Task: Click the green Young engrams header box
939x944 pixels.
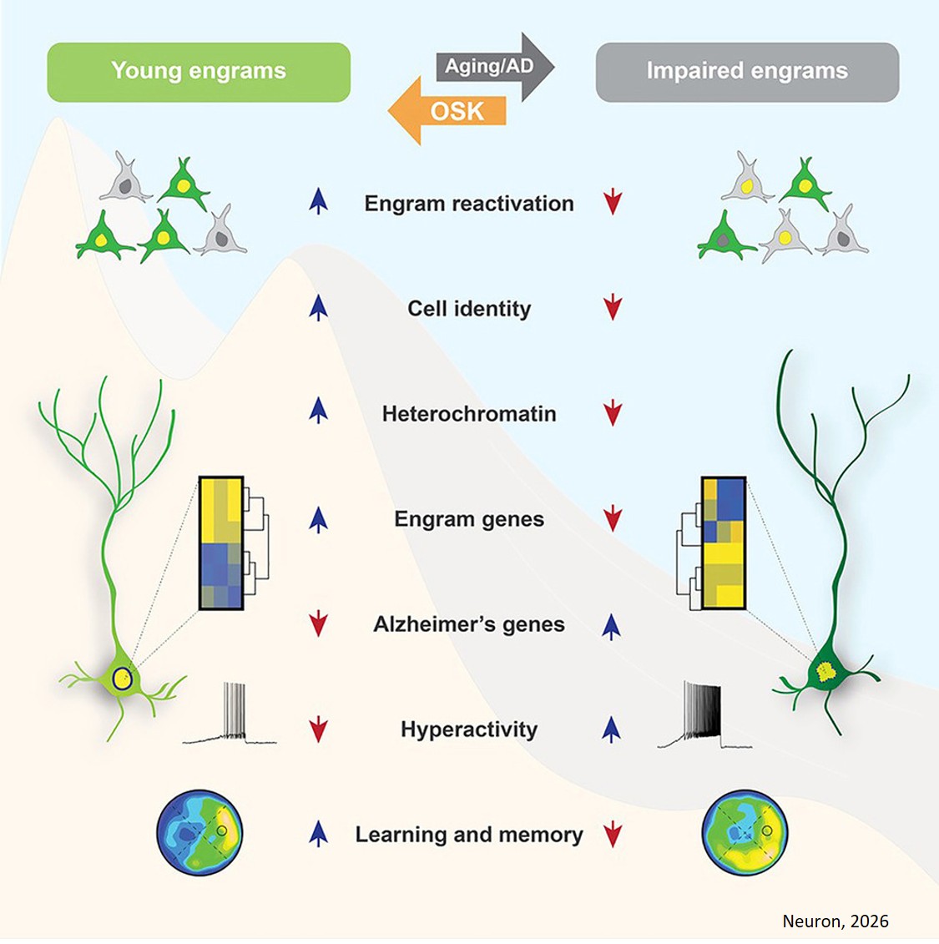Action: tap(199, 72)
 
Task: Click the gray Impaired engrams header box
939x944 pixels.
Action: tap(747, 72)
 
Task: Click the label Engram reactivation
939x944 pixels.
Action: tap(469, 204)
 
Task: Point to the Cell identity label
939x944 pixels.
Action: tap(469, 309)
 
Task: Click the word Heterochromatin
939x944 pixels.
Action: tap(469, 414)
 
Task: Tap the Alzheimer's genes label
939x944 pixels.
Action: tap(469, 624)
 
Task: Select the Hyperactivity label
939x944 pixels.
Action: tap(469, 729)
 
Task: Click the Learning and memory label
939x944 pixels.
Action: tap(469, 835)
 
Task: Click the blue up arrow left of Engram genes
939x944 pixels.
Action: tap(318, 519)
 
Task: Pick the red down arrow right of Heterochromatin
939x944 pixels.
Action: tap(613, 412)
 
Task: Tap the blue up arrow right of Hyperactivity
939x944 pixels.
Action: tap(612, 729)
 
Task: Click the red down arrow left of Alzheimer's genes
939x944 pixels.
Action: tap(318, 623)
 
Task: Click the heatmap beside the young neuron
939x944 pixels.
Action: tap(221, 543)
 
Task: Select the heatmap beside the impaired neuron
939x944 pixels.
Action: tap(723, 543)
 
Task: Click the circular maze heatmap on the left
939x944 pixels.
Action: tap(199, 832)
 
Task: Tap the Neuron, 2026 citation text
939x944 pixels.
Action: tap(835, 921)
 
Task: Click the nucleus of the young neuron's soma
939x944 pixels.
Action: tap(122, 678)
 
